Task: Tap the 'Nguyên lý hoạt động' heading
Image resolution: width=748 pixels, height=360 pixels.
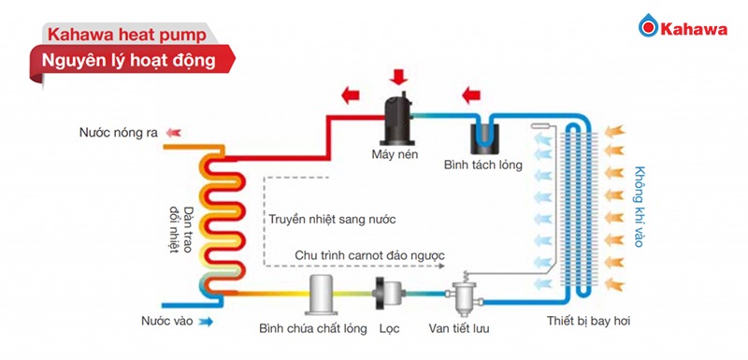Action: [x=122, y=63]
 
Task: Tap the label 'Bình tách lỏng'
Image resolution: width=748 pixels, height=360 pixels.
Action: [x=483, y=167]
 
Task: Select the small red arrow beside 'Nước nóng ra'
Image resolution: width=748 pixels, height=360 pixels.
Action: [x=176, y=133]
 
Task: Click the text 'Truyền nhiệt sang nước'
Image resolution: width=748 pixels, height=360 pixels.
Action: [x=332, y=220]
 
